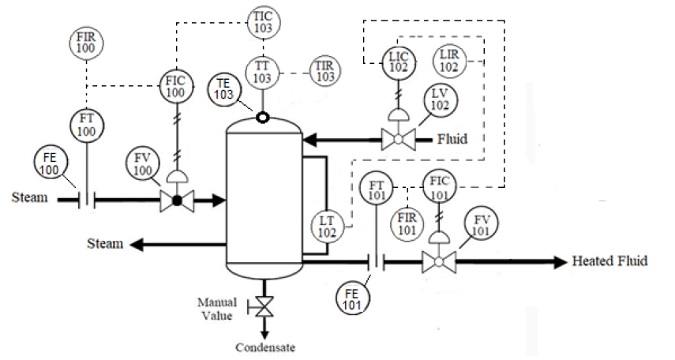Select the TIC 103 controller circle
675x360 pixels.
point(262,21)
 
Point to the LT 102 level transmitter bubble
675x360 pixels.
point(328,227)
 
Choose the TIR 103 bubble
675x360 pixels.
point(324,72)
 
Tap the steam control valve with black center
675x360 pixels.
point(177,201)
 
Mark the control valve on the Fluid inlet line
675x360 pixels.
point(399,140)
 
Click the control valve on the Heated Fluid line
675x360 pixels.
point(437,261)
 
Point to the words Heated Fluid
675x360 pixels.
point(609,261)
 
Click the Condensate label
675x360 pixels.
point(266,347)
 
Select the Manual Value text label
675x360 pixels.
point(216,309)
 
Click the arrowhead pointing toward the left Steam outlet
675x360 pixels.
point(138,245)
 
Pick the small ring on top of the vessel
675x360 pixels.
point(261,118)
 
